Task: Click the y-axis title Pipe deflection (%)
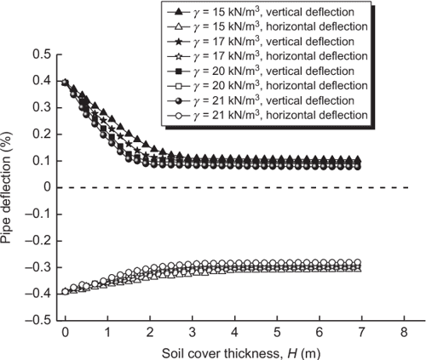pos(11,188)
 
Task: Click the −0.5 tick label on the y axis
pos(37,321)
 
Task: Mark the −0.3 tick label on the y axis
pos(37,267)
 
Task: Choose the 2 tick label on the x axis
pos(150,333)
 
